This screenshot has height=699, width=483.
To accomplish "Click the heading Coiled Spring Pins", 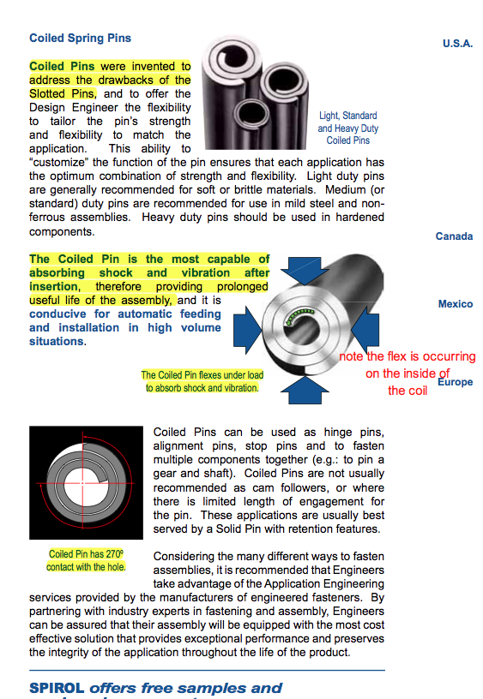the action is click(x=81, y=39).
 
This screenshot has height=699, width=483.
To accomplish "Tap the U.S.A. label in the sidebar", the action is click(x=457, y=44).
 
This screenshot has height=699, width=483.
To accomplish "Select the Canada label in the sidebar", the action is click(x=454, y=236).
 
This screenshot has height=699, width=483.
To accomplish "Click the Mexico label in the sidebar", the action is click(x=456, y=304).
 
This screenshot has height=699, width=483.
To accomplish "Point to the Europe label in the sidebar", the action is click(x=456, y=382).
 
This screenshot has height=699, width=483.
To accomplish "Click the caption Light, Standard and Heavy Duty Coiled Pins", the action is click(x=348, y=128).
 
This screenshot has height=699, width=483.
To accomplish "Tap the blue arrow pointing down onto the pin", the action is click(x=305, y=271).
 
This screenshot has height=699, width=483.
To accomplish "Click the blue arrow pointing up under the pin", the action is click(x=305, y=390).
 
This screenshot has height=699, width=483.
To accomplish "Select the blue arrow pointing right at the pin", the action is click(x=247, y=330).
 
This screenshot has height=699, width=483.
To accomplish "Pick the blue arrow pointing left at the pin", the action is click(x=365, y=330).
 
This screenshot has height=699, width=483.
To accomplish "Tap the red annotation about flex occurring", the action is click(x=408, y=373).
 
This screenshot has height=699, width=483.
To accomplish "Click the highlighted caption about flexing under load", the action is click(x=202, y=381).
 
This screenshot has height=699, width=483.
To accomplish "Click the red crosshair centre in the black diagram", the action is click(x=82, y=483).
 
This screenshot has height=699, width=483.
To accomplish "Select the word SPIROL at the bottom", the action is click(x=57, y=689).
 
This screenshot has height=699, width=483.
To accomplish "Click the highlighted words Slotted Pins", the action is click(x=62, y=94).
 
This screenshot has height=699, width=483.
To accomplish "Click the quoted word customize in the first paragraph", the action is click(x=59, y=162).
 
